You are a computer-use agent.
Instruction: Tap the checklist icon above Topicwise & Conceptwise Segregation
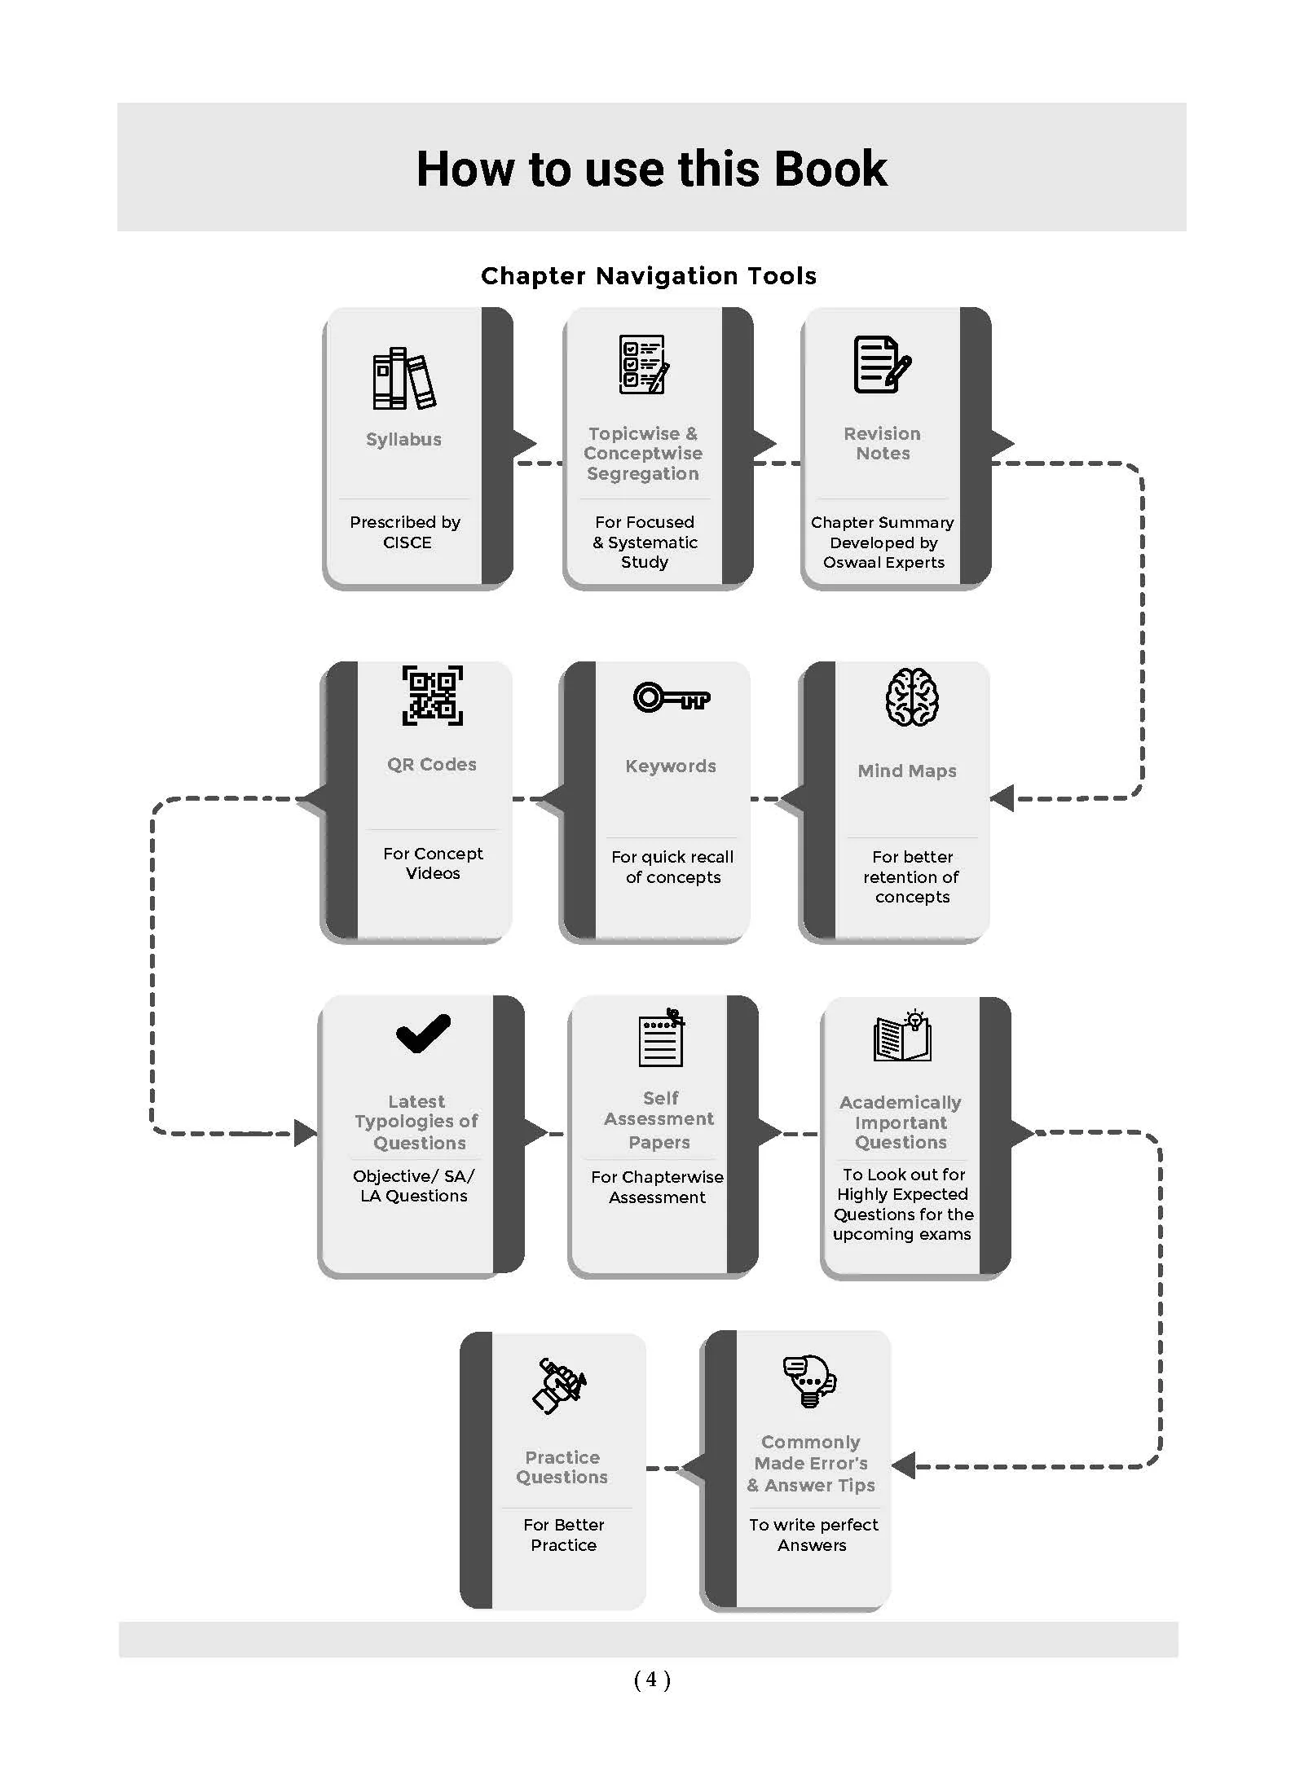644,364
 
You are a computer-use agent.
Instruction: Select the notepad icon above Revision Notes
882,364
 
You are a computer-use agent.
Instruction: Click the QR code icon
432,696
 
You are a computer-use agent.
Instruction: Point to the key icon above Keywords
672,697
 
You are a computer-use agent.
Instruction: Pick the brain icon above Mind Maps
912,697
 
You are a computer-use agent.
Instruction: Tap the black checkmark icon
423,1033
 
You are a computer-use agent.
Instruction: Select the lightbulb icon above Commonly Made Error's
809,1381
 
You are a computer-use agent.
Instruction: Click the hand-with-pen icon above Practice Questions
559,1386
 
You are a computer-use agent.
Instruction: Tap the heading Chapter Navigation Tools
649,276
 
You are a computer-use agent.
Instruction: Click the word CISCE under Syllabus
407,542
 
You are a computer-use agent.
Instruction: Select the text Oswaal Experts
883,563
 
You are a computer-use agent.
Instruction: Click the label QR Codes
432,765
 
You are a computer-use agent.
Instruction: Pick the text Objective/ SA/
413,1176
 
